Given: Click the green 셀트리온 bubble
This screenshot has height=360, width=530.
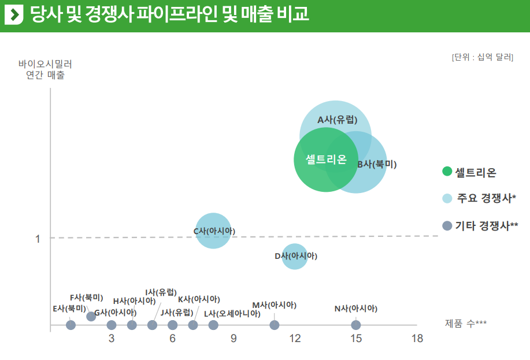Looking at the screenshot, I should (325, 159).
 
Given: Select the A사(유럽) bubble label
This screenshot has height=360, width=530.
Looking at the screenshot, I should (338, 120).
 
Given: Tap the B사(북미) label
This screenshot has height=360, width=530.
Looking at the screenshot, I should (377, 164).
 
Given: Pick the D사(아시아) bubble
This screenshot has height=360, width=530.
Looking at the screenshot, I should (295, 256).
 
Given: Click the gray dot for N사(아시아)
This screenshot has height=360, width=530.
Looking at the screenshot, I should (356, 325).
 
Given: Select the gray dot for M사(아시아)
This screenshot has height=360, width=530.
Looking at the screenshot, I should (275, 325).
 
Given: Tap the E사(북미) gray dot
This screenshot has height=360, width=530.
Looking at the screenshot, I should (71, 325).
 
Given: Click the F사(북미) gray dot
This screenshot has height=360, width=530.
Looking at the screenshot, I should (91, 316).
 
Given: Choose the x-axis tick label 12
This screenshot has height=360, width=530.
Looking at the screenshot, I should (295, 339).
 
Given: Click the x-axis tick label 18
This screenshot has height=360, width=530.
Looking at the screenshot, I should (417, 339).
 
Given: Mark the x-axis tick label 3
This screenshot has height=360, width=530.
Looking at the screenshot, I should (112, 339).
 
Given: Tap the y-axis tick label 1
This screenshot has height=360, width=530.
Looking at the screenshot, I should (38, 239).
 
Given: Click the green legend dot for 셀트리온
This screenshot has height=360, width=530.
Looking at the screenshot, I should (447, 172).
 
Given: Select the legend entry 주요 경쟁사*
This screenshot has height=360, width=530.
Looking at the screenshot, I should (486, 198).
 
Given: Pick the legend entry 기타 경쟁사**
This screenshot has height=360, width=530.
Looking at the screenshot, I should (486, 226).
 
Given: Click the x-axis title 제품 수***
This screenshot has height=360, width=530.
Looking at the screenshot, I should (466, 323).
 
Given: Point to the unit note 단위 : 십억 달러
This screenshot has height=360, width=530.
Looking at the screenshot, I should (483, 57).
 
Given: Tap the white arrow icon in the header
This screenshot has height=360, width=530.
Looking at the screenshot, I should (13, 14).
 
